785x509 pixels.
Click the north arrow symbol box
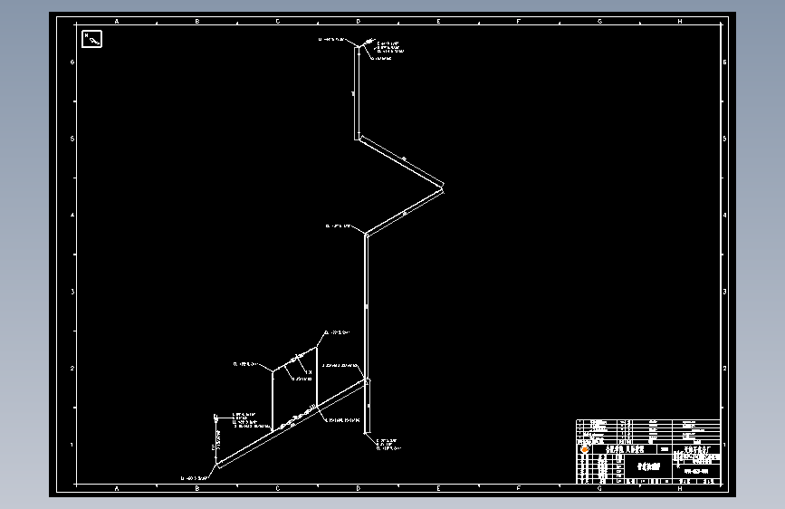pyautogui.click(x=92, y=38)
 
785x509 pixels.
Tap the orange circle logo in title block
pyautogui.click(x=584, y=448)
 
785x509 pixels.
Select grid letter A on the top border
pyautogui.click(x=117, y=20)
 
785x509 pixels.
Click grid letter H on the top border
pyautogui.click(x=680, y=20)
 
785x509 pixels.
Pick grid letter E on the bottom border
pyautogui.click(x=438, y=488)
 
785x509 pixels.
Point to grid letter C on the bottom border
pyautogui.click(x=278, y=488)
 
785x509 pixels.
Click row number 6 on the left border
pyautogui.click(x=72, y=62)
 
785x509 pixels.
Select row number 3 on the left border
pyautogui.click(x=72, y=292)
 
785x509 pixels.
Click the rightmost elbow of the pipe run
pyautogui.click(x=443, y=187)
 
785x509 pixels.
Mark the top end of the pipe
pyautogui.click(x=357, y=46)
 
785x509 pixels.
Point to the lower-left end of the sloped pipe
pyautogui.click(x=217, y=465)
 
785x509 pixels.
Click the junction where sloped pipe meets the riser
pyautogui.click(x=366, y=381)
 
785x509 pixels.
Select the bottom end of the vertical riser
pyautogui.click(x=366, y=433)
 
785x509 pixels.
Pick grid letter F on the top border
pyautogui.click(x=519, y=20)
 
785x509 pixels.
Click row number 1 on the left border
pyautogui.click(x=72, y=445)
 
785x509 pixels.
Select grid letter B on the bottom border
pyautogui.click(x=197, y=488)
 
